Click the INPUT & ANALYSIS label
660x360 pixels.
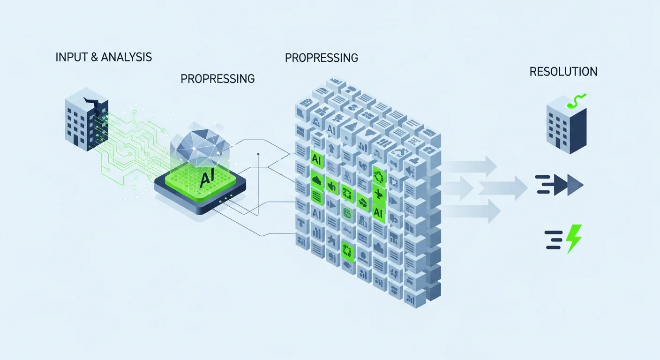(x=104, y=57)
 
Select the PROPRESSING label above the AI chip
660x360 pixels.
(x=217, y=78)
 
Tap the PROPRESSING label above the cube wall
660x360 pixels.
(x=322, y=58)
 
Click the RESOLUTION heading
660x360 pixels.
(x=563, y=72)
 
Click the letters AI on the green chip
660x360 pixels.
(x=204, y=180)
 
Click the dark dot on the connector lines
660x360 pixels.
(x=258, y=154)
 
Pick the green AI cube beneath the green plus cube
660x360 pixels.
(x=378, y=212)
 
